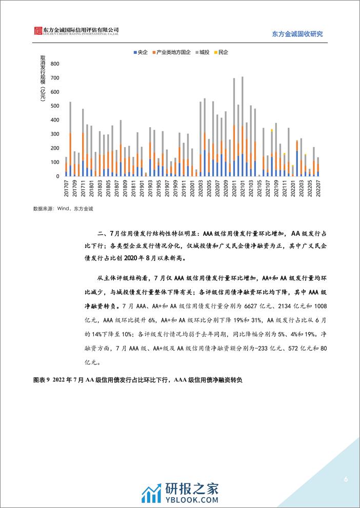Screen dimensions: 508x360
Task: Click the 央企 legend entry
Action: pyautogui.click(x=140, y=52)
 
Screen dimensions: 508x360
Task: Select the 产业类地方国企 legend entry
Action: pyautogui.click(x=173, y=52)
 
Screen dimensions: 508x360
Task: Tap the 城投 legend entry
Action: pyautogui.click(x=205, y=52)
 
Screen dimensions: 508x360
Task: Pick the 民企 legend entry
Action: pyautogui.click(x=223, y=52)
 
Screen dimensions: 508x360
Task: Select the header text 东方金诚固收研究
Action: pyautogui.click(x=300, y=34)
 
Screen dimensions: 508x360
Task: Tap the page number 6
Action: pyautogui.click(x=346, y=480)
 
